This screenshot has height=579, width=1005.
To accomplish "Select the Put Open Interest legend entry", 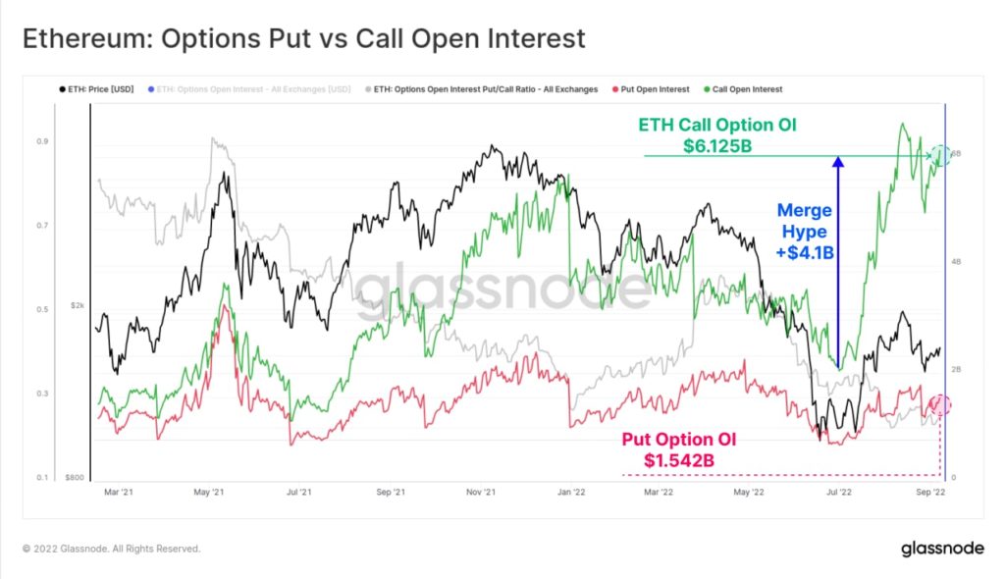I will click(655, 89).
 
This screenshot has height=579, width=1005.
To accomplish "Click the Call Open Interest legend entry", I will click(746, 89).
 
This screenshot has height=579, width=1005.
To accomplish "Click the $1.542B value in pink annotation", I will click(679, 459).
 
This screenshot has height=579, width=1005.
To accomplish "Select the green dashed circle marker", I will click(940, 155).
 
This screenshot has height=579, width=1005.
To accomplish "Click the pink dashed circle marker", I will click(940, 404).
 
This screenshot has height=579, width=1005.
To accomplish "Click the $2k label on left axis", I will click(78, 305).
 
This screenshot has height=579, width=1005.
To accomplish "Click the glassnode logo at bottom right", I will click(941, 549).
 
